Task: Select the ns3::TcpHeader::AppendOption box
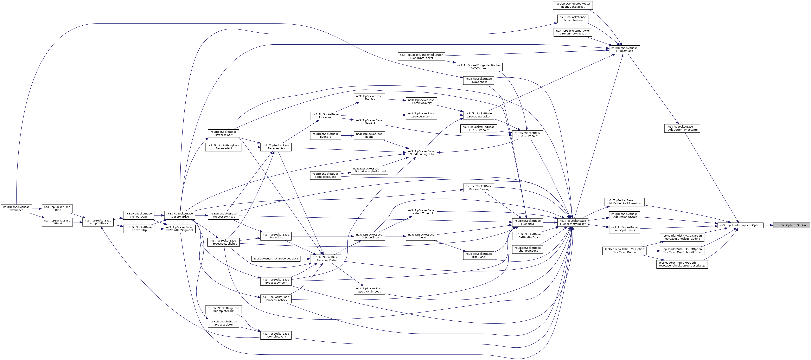740,225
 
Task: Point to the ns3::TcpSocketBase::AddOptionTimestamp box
682,128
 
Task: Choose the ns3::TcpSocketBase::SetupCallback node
98,222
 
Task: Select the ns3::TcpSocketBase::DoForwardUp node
179,215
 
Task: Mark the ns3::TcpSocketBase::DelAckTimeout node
370,290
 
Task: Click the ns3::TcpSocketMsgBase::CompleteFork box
223,310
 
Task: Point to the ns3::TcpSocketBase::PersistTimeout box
573,19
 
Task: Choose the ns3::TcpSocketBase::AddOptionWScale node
625,216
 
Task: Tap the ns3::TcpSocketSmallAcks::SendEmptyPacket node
573,32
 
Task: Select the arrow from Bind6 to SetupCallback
77,222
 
